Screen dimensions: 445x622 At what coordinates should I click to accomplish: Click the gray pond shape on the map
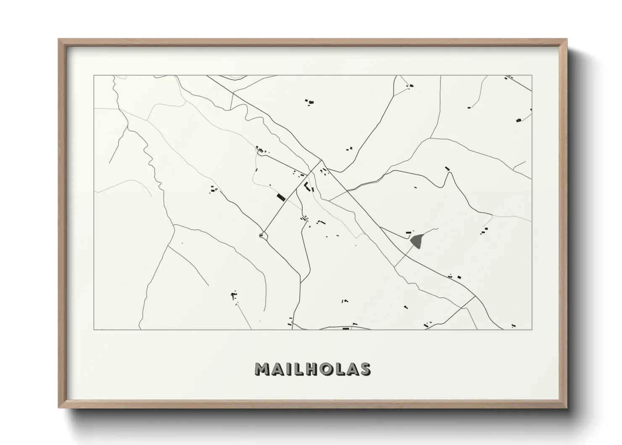417,241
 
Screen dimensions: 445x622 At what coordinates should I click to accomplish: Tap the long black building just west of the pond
408,233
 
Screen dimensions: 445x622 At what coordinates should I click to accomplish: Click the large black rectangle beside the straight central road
280,197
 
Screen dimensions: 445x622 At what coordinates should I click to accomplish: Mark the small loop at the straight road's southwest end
263,235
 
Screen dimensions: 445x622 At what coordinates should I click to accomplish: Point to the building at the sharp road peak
447,169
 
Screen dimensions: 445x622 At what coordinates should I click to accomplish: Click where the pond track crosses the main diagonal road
395,266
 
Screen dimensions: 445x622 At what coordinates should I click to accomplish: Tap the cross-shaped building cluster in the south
234,295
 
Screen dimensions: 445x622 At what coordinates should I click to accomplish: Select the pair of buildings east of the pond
485,230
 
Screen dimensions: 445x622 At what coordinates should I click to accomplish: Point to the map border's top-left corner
94,76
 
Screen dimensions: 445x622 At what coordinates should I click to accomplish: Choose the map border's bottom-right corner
532,329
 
